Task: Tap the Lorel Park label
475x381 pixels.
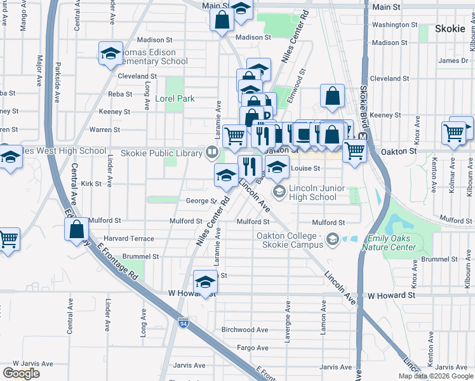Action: click(x=175, y=98)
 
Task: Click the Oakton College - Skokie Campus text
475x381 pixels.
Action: click(x=290, y=240)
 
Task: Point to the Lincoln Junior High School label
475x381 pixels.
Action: click(x=312, y=192)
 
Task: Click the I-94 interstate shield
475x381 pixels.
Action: click(x=184, y=323)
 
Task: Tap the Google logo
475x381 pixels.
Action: click(x=21, y=373)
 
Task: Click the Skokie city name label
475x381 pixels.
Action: click(x=451, y=29)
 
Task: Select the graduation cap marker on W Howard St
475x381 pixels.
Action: click(x=204, y=283)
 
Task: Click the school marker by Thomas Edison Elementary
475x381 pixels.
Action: click(x=110, y=54)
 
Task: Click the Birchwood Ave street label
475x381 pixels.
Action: click(x=244, y=330)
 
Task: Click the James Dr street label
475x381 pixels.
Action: click(x=453, y=61)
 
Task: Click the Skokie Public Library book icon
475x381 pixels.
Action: click(x=211, y=151)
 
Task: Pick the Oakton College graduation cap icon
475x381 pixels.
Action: click(x=332, y=240)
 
